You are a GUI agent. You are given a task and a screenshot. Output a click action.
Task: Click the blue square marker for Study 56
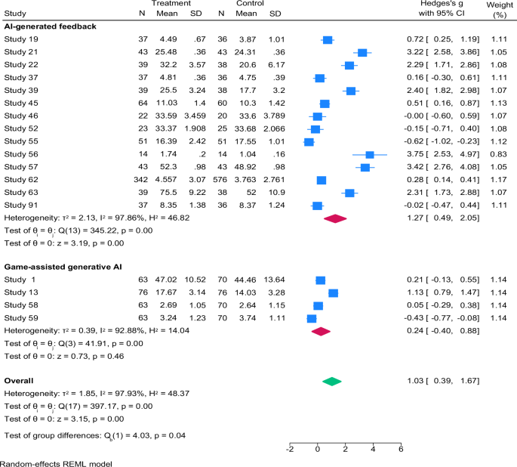tap(370, 155)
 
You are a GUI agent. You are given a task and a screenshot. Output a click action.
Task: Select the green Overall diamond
tap(331, 382)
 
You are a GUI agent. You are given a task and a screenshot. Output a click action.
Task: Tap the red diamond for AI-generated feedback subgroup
tap(335, 218)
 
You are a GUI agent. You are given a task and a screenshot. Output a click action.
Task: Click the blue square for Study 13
tap(333, 293)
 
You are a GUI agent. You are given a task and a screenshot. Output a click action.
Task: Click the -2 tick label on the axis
tap(290, 449)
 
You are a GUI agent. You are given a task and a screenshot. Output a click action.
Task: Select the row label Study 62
tap(21, 180)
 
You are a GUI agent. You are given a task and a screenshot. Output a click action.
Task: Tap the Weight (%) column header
tap(500, 10)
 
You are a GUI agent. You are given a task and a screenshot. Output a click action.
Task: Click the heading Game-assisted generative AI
tap(63, 267)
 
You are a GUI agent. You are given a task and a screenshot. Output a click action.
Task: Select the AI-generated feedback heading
tap(50, 26)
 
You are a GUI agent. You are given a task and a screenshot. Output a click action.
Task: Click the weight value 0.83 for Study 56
tap(499, 154)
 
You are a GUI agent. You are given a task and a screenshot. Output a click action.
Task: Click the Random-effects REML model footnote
tap(56, 464)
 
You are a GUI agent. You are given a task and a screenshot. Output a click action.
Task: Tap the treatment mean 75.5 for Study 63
tap(168, 193)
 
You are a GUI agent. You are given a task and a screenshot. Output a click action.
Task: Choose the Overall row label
tap(19, 381)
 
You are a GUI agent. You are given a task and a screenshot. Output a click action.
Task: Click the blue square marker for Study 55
tap(309, 142)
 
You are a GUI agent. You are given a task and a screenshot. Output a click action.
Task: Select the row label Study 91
tap(21, 205)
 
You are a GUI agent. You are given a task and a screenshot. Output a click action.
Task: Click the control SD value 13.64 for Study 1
tap(274, 280)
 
